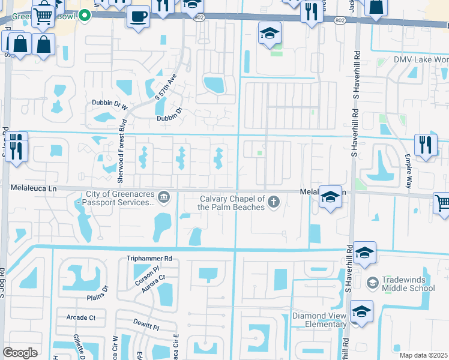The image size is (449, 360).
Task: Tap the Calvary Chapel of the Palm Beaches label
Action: click(x=232, y=203)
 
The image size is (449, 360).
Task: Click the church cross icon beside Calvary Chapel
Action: click(x=274, y=201)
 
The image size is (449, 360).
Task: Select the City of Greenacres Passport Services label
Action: click(x=120, y=199)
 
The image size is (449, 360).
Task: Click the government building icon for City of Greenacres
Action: click(x=163, y=197)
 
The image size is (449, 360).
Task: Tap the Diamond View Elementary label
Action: click(x=319, y=320)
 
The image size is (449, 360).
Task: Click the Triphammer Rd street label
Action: click(x=149, y=259)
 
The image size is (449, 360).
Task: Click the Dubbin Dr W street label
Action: click(x=110, y=104)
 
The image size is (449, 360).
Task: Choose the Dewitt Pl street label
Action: click(x=146, y=328)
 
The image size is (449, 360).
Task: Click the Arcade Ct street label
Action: click(x=81, y=317)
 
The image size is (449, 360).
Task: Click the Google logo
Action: click(x=20, y=352)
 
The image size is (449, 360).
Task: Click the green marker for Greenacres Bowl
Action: click(x=85, y=15)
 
